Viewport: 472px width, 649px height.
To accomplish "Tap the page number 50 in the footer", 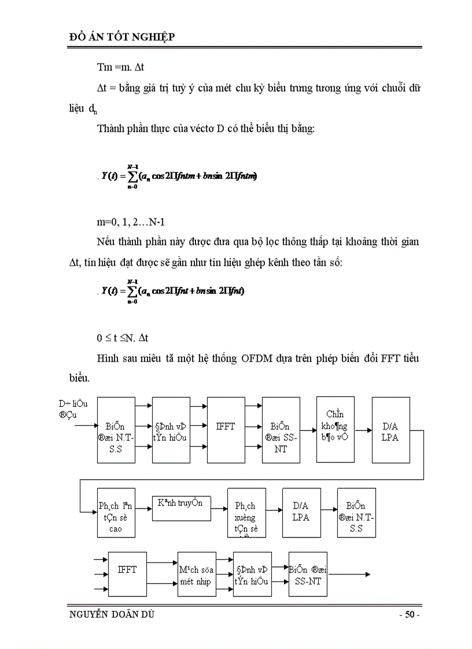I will pos(410,614).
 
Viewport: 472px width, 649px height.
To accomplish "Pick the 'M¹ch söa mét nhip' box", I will pos(197,575).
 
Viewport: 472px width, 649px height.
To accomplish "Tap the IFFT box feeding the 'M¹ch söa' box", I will pos(127,575).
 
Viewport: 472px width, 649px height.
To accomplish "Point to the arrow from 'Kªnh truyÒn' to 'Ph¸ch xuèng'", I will pos(218,508).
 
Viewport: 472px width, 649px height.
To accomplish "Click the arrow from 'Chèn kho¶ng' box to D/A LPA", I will pos(363,430).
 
